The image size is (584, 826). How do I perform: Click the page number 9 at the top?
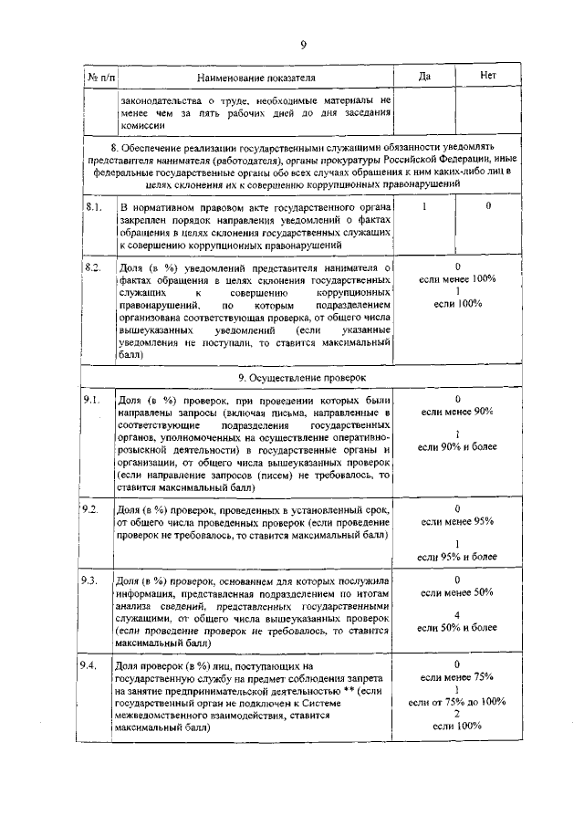coord(303,47)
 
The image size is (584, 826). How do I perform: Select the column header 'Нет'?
coord(488,76)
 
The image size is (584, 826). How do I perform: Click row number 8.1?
coord(92,207)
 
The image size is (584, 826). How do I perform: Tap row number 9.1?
coord(91,400)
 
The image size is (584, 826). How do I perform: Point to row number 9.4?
coord(91,664)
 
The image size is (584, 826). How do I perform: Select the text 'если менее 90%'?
coord(457,413)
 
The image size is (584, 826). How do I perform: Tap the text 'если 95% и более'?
coord(457,556)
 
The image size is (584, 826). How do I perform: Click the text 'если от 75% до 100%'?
coord(457,701)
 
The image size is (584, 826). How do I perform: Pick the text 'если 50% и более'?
coord(457,628)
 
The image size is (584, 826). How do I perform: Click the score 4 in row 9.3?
coord(457,614)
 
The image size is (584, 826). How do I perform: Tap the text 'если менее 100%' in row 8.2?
coord(457,278)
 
